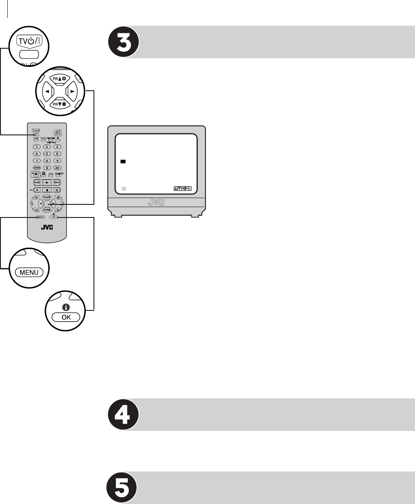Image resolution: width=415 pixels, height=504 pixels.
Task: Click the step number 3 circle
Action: pos(124,42)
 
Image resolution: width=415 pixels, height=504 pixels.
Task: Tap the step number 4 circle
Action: pos(124,415)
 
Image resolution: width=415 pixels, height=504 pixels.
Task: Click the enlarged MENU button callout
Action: pos(28,272)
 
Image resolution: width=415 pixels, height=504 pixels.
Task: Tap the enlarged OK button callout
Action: pos(65,317)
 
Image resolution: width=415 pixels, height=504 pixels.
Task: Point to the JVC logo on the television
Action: pos(156,202)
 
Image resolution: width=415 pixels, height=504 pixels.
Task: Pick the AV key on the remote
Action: pos(57,167)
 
